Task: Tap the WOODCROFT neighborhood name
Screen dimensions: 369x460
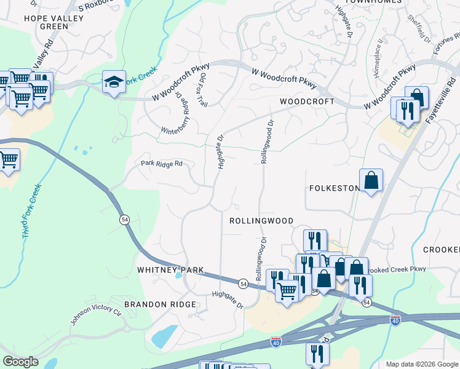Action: (307, 101)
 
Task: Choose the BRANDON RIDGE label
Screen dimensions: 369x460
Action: (160, 304)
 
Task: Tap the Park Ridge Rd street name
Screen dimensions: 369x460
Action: (162, 164)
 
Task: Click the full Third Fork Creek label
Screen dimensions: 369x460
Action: (31, 211)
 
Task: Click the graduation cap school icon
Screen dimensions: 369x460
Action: (114, 82)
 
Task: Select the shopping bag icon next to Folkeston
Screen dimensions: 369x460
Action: (371, 180)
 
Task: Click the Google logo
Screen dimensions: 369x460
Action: (20, 362)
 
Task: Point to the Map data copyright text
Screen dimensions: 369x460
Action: (421, 364)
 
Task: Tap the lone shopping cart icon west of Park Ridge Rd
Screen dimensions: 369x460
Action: (8, 161)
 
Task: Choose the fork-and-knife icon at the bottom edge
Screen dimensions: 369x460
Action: (317, 354)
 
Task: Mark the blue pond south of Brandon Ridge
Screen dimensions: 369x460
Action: (164, 336)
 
